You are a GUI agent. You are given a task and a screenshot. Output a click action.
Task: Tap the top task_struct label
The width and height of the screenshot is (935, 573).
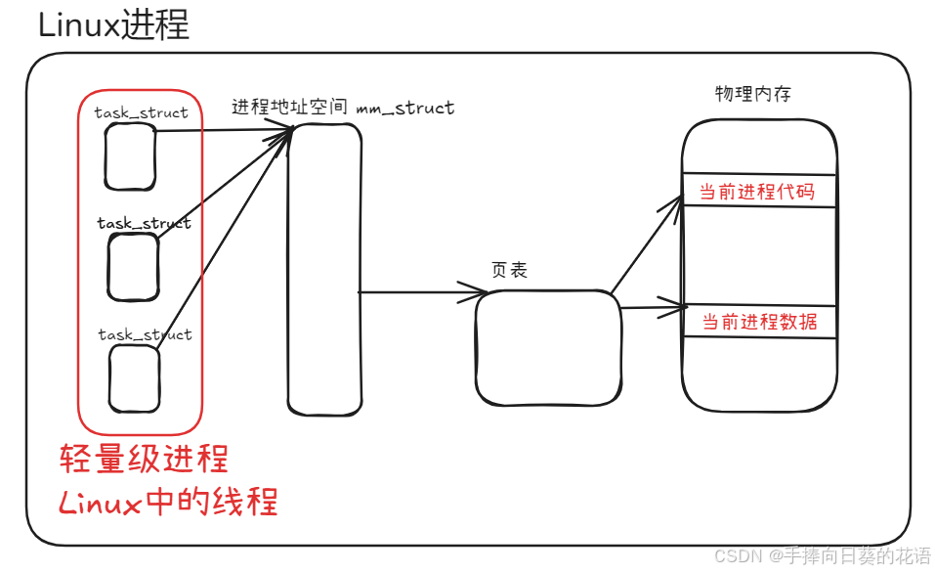click(141, 112)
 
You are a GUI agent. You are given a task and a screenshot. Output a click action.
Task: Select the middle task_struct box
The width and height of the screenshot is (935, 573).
click(133, 266)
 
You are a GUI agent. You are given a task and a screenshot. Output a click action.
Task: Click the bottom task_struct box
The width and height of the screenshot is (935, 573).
click(134, 377)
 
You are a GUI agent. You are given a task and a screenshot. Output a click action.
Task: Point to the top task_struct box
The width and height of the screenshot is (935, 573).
click(130, 156)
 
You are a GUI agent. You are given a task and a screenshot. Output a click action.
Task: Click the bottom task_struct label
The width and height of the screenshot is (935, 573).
click(145, 334)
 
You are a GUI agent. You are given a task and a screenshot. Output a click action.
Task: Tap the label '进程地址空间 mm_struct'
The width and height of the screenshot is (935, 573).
click(343, 108)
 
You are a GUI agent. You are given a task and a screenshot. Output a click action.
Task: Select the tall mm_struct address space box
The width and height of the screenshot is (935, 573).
click(324, 269)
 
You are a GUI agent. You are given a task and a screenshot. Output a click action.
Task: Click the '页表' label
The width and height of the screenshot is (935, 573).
click(509, 271)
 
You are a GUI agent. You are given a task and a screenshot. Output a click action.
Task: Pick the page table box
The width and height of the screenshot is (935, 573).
click(548, 348)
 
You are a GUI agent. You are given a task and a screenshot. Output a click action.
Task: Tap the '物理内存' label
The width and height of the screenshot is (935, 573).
click(753, 94)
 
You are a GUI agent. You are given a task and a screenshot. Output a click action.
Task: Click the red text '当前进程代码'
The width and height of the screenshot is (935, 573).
click(757, 192)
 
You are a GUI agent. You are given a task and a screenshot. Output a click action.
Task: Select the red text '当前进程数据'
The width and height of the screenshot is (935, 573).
click(760, 322)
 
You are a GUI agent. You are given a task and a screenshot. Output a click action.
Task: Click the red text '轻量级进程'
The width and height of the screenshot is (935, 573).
click(144, 459)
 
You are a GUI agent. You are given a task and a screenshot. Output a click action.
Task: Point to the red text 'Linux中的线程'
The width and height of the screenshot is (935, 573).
click(168, 502)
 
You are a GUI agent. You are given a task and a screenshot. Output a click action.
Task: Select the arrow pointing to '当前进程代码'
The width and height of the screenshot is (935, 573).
click(647, 244)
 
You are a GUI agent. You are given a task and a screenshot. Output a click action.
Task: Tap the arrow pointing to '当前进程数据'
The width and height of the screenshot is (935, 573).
click(653, 308)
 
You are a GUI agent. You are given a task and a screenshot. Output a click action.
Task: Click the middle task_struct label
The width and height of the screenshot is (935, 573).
click(144, 224)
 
